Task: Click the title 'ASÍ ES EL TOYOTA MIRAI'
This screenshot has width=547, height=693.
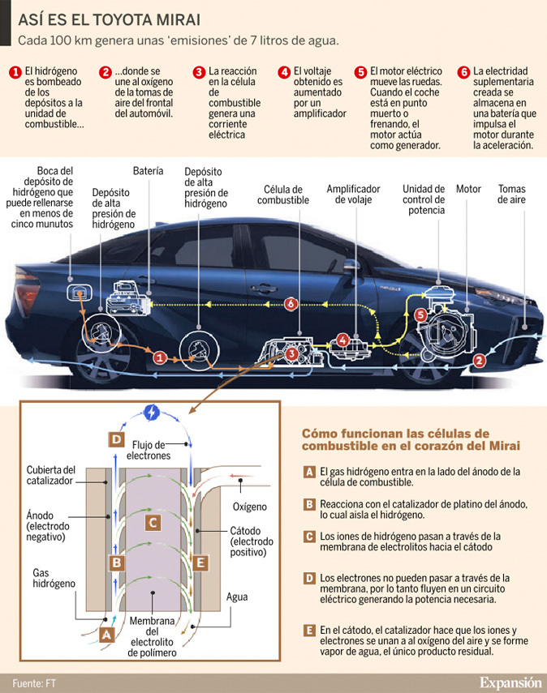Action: click(x=110, y=17)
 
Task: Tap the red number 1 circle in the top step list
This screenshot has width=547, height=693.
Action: click(x=15, y=71)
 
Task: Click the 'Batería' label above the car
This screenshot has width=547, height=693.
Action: click(x=148, y=171)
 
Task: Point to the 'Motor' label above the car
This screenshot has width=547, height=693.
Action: click(x=468, y=189)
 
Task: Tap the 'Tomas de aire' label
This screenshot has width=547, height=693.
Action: click(x=512, y=194)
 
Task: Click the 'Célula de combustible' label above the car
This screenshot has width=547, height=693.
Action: click(x=283, y=194)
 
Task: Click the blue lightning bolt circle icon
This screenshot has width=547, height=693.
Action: click(x=152, y=412)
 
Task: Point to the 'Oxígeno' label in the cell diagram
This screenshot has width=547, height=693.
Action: click(x=249, y=507)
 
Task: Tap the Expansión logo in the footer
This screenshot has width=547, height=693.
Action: click(x=510, y=681)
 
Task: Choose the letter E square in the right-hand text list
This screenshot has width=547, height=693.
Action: click(x=308, y=630)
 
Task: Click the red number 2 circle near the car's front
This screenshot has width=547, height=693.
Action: click(x=480, y=360)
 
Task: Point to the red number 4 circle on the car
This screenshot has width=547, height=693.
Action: click(x=342, y=340)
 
